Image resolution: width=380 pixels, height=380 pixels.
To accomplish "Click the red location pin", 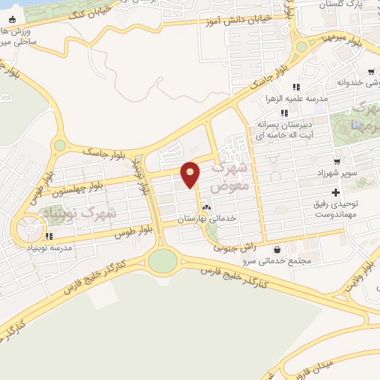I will pos(191,174).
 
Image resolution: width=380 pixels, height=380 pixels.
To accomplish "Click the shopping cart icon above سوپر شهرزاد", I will pos(337,161).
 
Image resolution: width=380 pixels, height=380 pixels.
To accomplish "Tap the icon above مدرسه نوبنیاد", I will pos(50,237).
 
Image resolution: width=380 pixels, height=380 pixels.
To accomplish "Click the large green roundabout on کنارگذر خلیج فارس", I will pos(163,261).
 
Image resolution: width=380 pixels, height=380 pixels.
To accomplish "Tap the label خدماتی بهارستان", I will pos(207,220).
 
